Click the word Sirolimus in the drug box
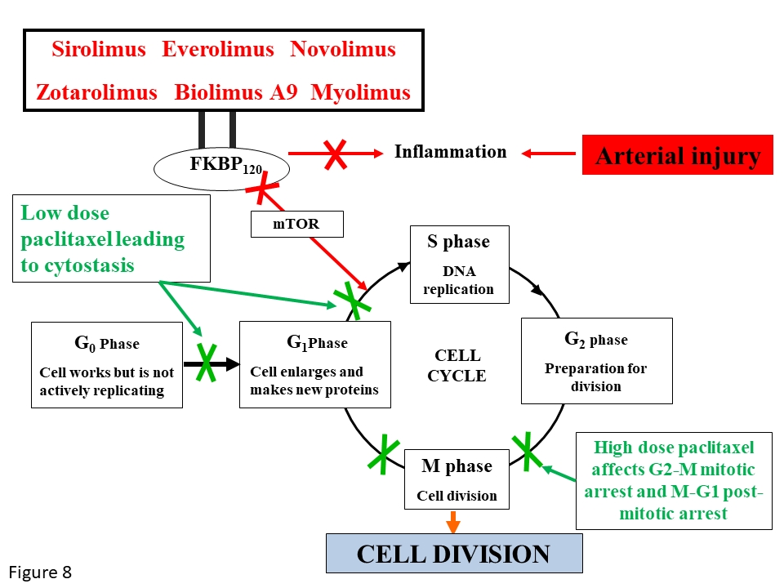point(99,49)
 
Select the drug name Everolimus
point(218,49)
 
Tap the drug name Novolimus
point(343,49)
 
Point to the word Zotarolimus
point(96,92)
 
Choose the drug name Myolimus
point(361,92)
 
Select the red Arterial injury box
point(677,155)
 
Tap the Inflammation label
point(450,152)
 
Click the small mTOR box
point(296,224)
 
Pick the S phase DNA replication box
point(459,265)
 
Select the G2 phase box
point(596,360)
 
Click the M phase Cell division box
point(457,479)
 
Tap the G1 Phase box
point(314,363)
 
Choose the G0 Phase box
point(106,363)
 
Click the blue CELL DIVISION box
point(454,554)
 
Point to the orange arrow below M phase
point(453,522)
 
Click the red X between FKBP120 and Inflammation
point(333,153)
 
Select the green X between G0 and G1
point(206,363)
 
